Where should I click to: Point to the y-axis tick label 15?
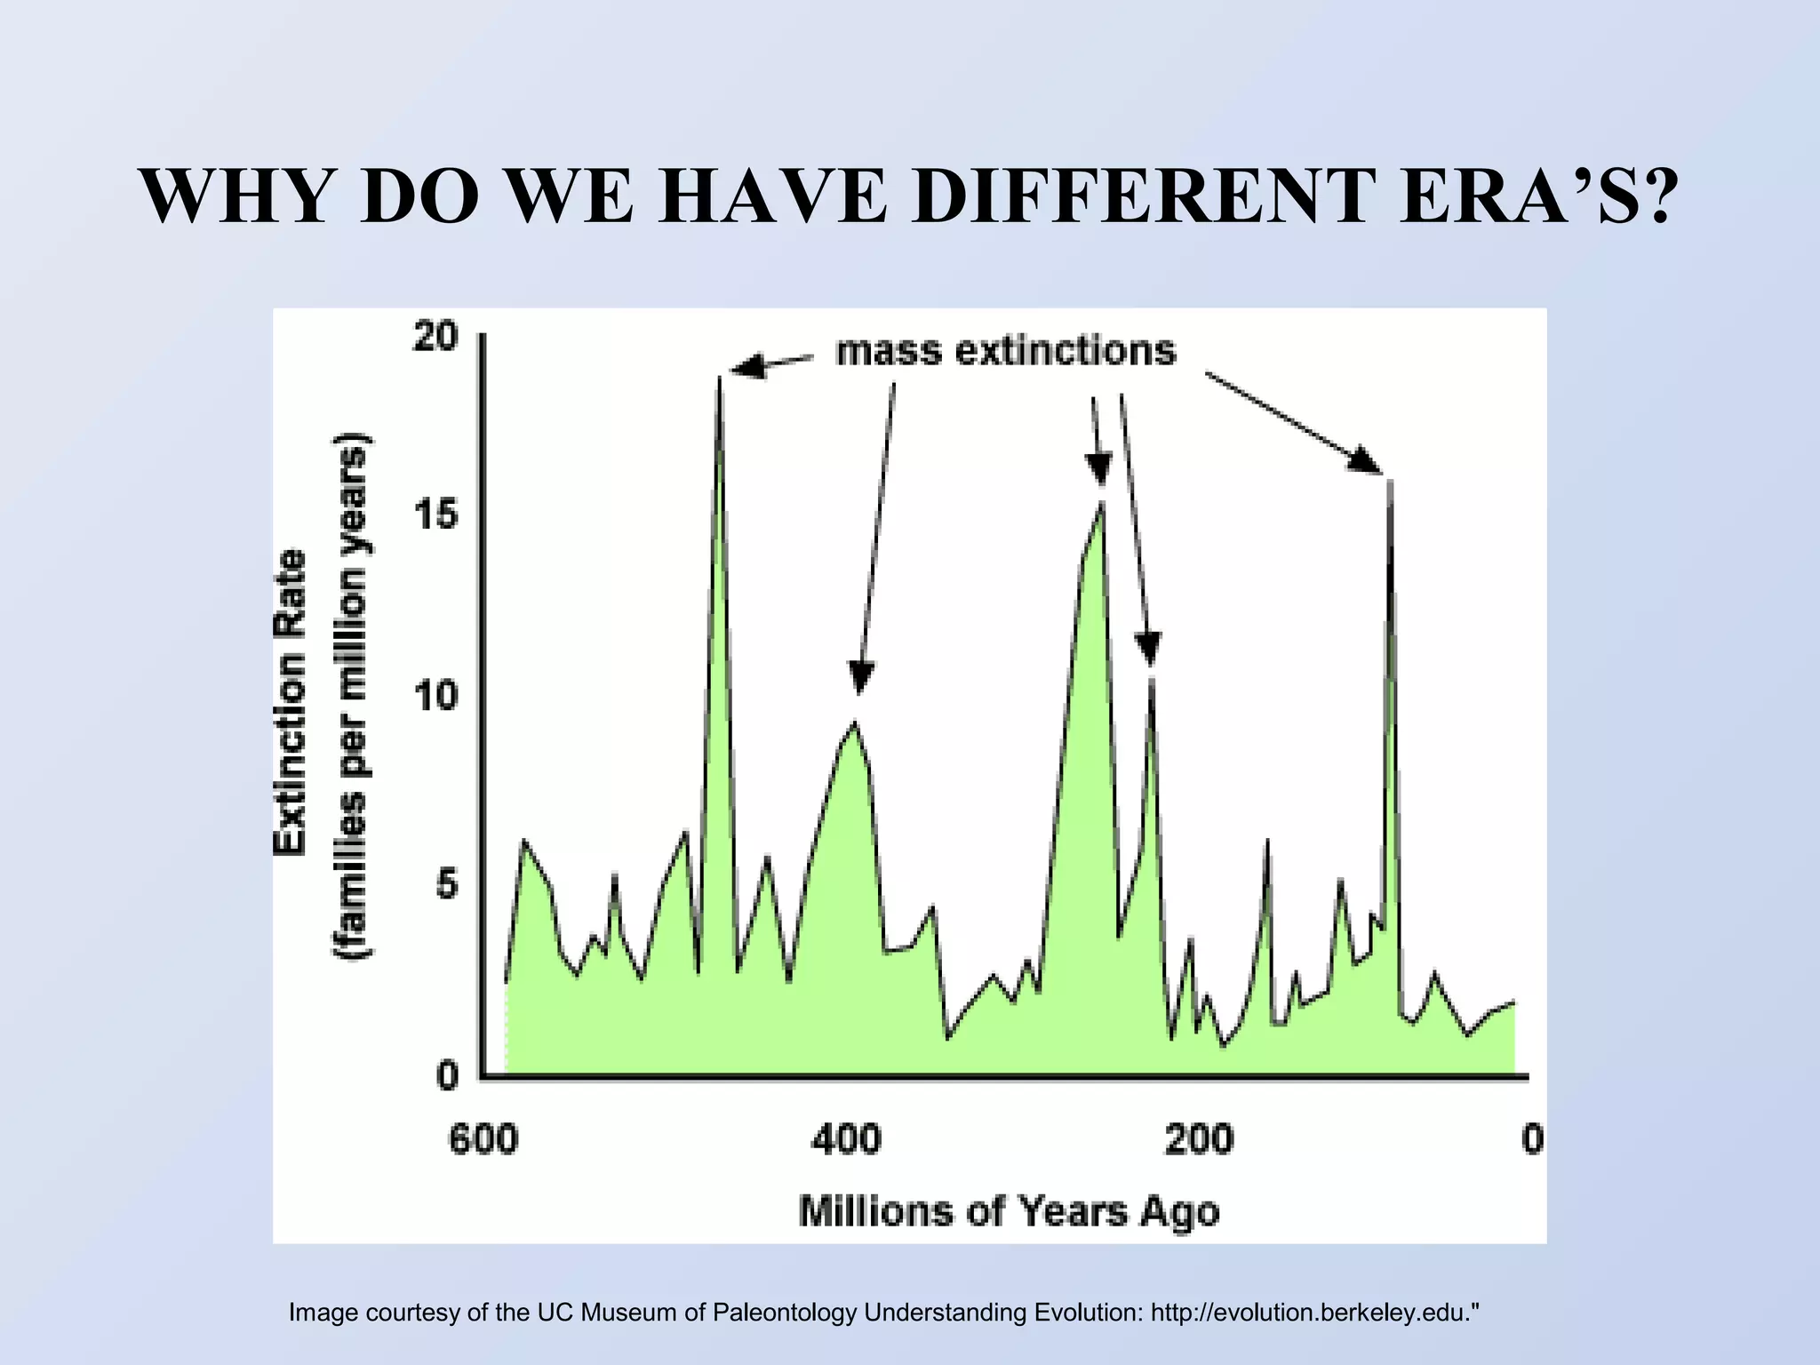pos(435,517)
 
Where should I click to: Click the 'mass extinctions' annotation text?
pos(1006,351)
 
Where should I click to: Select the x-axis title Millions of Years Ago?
pos(1009,1211)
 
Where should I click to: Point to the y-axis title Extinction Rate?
pos(290,702)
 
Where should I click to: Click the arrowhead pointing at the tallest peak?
pos(745,366)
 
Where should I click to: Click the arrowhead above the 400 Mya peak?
pos(859,677)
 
